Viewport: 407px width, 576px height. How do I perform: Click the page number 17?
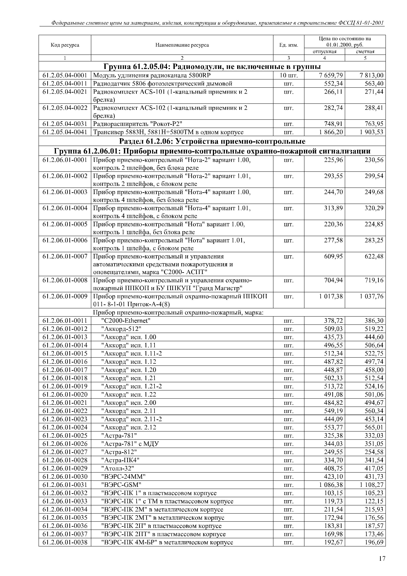coord(382,558)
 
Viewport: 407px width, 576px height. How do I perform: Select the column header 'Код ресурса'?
coord(65,45)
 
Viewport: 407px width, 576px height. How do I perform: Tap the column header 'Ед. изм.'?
coord(289,45)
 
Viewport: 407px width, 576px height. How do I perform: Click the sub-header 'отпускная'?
coord(324,52)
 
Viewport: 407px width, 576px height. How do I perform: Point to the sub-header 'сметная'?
coord(365,52)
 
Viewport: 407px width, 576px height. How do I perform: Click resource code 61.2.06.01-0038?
coord(65,542)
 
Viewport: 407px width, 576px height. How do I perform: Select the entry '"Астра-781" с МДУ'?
coord(130,444)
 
